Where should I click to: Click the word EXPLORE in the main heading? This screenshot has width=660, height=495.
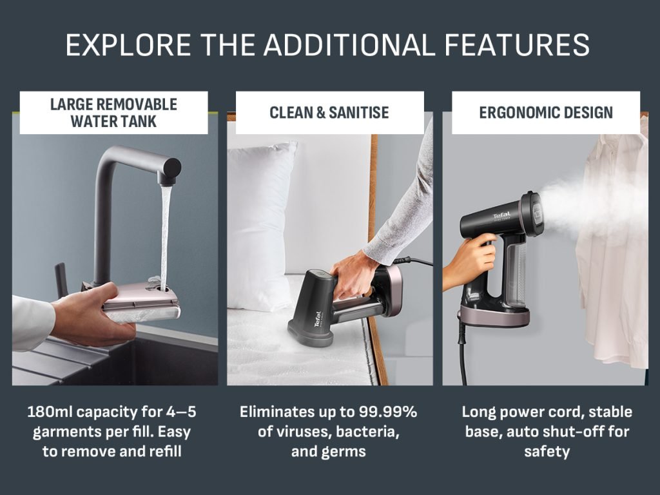(128, 44)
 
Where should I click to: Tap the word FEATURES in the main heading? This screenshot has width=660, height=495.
(517, 44)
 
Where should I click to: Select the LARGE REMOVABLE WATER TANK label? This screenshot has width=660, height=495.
(113, 113)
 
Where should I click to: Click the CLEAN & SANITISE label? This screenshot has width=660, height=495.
(329, 113)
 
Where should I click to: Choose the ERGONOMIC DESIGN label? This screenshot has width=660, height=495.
(546, 113)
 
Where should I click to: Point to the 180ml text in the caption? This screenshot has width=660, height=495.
(50, 412)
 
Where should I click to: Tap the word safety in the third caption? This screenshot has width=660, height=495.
(547, 452)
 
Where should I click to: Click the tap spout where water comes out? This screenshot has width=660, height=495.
(168, 176)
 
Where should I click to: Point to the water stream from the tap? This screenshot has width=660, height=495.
(164, 236)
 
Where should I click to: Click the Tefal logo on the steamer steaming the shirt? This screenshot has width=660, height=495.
(501, 217)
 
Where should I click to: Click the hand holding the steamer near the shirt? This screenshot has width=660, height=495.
(469, 261)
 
